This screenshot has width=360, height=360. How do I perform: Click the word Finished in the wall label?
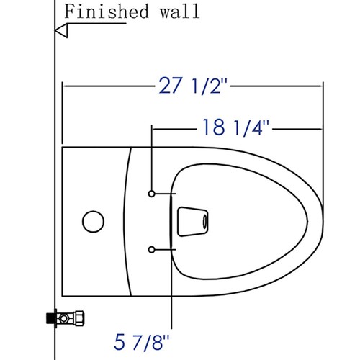pyautogui.click(x=107, y=12)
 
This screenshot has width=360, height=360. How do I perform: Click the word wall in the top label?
pyautogui.click(x=180, y=12)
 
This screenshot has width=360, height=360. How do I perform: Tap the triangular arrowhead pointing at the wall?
pyautogui.click(x=62, y=31)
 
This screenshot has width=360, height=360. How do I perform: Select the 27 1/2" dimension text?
pyautogui.click(x=193, y=86)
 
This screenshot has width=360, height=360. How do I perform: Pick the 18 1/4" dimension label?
pyautogui.click(x=235, y=127)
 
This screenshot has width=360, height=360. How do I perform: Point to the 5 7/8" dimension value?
pyautogui.click(x=141, y=343)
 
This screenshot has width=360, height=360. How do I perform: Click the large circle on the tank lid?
pyautogui.click(x=93, y=222)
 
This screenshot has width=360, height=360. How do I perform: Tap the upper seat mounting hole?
pyautogui.click(x=151, y=194)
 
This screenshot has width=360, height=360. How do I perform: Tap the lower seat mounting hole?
pyautogui.click(x=151, y=250)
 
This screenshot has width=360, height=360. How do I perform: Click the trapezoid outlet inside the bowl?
pyautogui.click(x=192, y=222)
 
